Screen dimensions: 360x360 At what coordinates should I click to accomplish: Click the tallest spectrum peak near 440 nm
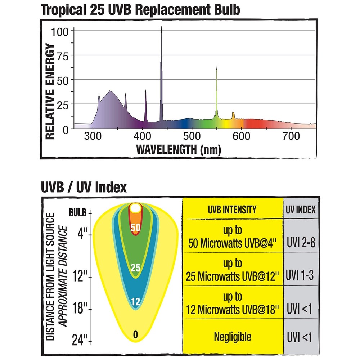click(x=161, y=32)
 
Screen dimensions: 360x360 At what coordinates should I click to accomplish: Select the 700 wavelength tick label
click(x=291, y=137)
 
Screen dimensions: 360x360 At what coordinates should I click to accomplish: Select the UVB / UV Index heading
click(x=84, y=188)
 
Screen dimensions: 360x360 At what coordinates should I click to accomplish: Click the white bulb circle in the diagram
click(x=136, y=208)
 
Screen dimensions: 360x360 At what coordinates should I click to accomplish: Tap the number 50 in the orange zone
click(x=135, y=228)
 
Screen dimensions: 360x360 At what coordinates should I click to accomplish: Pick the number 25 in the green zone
click(x=135, y=268)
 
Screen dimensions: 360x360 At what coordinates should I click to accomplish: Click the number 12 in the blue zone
click(x=135, y=302)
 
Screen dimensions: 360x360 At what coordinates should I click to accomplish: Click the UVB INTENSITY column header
click(x=232, y=209)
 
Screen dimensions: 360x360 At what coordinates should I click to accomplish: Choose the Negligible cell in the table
click(x=232, y=337)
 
